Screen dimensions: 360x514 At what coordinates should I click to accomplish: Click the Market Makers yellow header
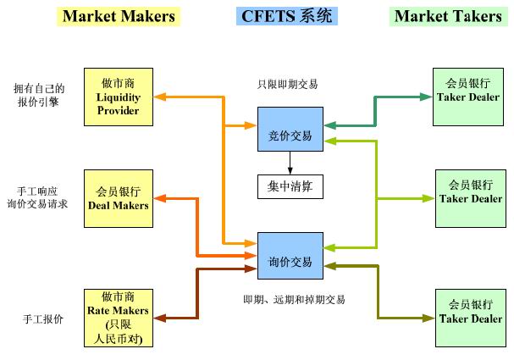point(119,16)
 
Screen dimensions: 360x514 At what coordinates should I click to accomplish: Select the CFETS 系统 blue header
point(290,16)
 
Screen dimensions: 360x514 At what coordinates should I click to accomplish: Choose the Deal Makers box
point(119,198)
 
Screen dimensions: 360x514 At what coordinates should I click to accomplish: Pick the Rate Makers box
point(119,318)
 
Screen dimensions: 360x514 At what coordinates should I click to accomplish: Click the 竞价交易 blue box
point(290,135)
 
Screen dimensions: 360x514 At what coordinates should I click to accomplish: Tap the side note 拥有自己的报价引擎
point(40,95)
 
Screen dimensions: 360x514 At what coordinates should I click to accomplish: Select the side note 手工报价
point(40,318)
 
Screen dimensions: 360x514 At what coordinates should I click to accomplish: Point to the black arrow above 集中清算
point(290,163)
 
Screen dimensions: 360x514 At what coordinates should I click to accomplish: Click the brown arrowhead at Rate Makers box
point(159,318)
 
